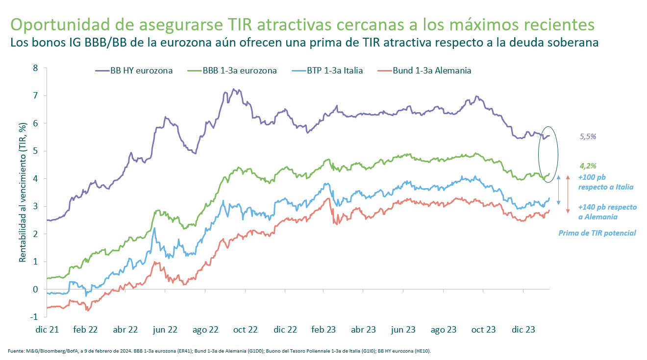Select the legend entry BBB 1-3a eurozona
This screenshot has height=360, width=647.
[x=232, y=71]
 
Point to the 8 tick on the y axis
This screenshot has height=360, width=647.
[x=35, y=68]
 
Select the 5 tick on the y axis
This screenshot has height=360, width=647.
[x=35, y=151]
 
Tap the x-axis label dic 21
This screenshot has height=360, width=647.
[x=47, y=330]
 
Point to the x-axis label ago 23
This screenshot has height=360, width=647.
[x=444, y=330]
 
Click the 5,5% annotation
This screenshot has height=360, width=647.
[x=588, y=137]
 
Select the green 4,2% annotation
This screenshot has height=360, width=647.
[x=588, y=166]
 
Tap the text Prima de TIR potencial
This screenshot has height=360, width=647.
[x=597, y=233]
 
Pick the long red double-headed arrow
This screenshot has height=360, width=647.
[x=568, y=193]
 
